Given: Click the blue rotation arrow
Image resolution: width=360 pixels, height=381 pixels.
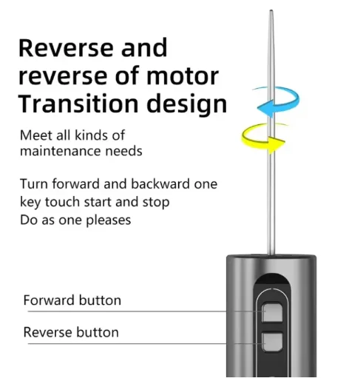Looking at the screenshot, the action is coord(294,98).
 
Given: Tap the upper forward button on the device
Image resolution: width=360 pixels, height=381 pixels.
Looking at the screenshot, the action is coord(272,312).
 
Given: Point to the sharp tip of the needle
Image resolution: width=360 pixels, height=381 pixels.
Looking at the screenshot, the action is coord(271,10).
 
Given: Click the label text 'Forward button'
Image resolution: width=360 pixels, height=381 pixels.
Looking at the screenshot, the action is coord(72,300).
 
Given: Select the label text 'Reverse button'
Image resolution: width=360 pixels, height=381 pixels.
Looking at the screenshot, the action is coord(71,332).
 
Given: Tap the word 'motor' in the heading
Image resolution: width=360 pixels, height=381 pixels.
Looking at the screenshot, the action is coord(183,76).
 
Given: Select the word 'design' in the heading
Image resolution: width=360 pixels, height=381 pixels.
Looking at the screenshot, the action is coord(186,104).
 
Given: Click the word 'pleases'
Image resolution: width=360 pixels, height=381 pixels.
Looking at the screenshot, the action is coord(108,220).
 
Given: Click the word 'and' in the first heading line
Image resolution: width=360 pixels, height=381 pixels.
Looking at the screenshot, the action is coord(144,47).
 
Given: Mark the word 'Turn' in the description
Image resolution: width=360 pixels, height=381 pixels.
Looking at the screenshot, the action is coord(34,183).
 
